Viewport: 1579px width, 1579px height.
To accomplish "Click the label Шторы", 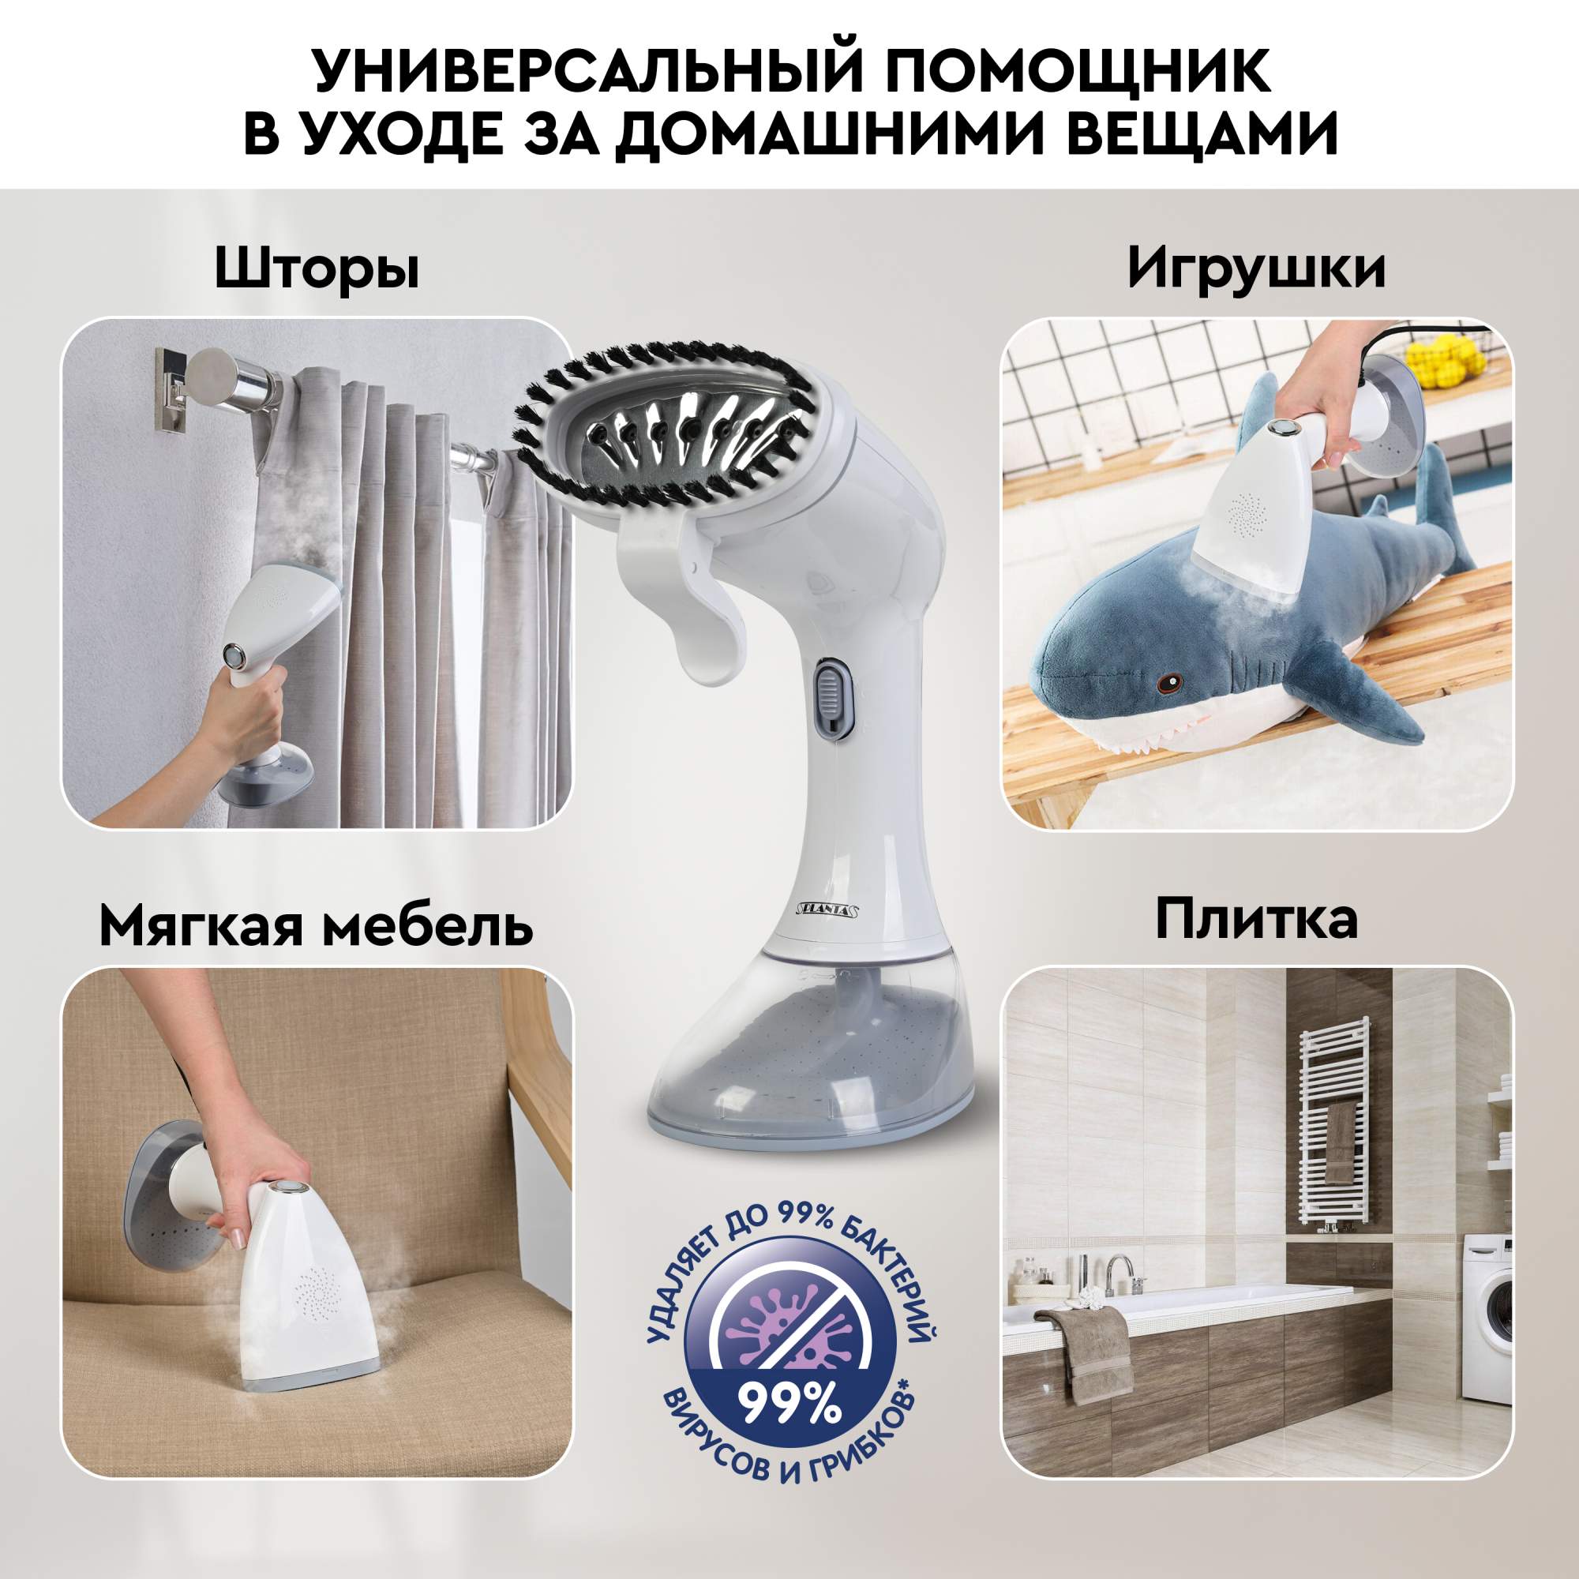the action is pos(317,270).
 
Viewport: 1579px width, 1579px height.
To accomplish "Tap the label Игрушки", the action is pos(1256,269).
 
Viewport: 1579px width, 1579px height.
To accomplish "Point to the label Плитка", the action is pos(1257,920).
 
